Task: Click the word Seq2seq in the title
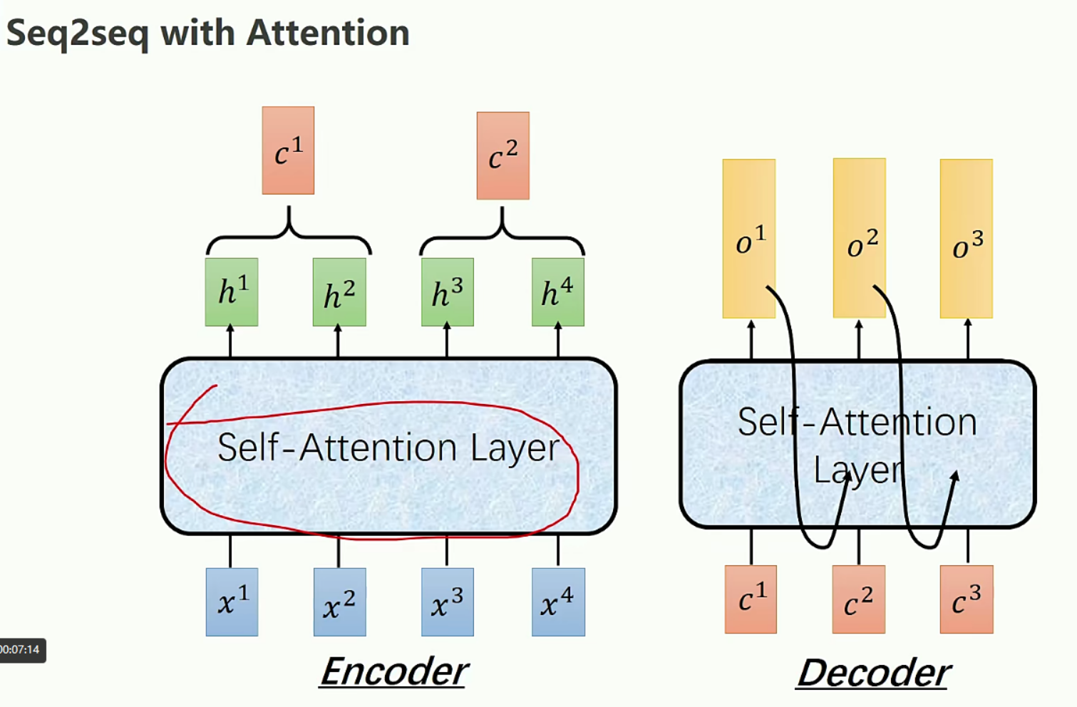pyautogui.click(x=77, y=33)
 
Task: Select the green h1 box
pyautogui.click(x=232, y=292)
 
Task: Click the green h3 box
pyautogui.click(x=447, y=292)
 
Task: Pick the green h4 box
pyautogui.click(x=557, y=292)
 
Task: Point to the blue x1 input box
pyautogui.click(x=232, y=602)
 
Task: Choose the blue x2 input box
pyautogui.click(x=339, y=602)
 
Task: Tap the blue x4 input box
pyautogui.click(x=558, y=602)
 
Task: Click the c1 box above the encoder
pyautogui.click(x=288, y=150)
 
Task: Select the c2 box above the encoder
pyautogui.click(x=503, y=155)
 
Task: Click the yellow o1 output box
pyautogui.click(x=748, y=239)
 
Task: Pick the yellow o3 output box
pyautogui.click(x=966, y=239)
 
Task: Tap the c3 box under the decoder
pyautogui.click(x=966, y=599)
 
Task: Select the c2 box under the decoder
pyautogui.click(x=858, y=599)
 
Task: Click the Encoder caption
pyautogui.click(x=393, y=671)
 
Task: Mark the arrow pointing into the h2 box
pyautogui.click(x=338, y=341)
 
